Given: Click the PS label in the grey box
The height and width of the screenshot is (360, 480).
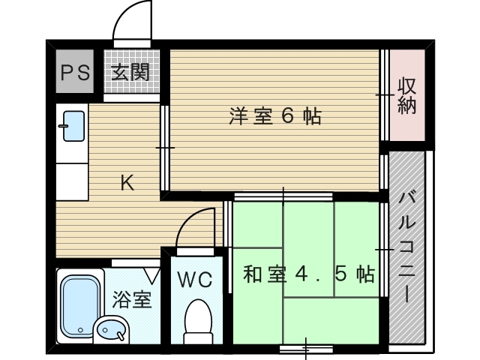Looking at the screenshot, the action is coord(75,73).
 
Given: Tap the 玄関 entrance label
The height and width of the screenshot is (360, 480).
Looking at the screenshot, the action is coord(130,72).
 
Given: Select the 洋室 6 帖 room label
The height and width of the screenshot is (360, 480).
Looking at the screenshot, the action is coord(275,116).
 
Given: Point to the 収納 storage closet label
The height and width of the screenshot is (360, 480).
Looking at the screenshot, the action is coord(406,96).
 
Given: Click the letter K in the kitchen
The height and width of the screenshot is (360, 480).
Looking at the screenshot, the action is coord(127,183).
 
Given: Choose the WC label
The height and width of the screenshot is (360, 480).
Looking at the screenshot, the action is coord(195,280).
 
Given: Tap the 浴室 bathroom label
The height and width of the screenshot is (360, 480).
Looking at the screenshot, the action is coord(132,299).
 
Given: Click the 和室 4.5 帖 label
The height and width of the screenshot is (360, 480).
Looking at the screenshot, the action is coord(309,274).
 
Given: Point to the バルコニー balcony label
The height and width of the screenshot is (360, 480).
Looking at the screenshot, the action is coord(406,247).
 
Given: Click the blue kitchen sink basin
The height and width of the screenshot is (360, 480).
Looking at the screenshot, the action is coord(73,126).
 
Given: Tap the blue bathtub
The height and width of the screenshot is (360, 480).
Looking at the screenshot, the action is coord(80,305).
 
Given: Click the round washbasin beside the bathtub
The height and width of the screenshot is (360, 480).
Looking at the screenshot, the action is coord(111,330).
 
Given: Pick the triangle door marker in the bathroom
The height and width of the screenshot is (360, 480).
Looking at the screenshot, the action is coord(152,275).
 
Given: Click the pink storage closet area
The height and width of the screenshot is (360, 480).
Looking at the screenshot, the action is coord(407,95).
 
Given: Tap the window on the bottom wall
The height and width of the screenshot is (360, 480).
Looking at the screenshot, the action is coord(306,349).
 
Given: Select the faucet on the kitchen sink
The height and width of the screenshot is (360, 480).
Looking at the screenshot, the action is coord(64,126).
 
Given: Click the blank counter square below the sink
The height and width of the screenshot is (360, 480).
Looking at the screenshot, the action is coord(72,181).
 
